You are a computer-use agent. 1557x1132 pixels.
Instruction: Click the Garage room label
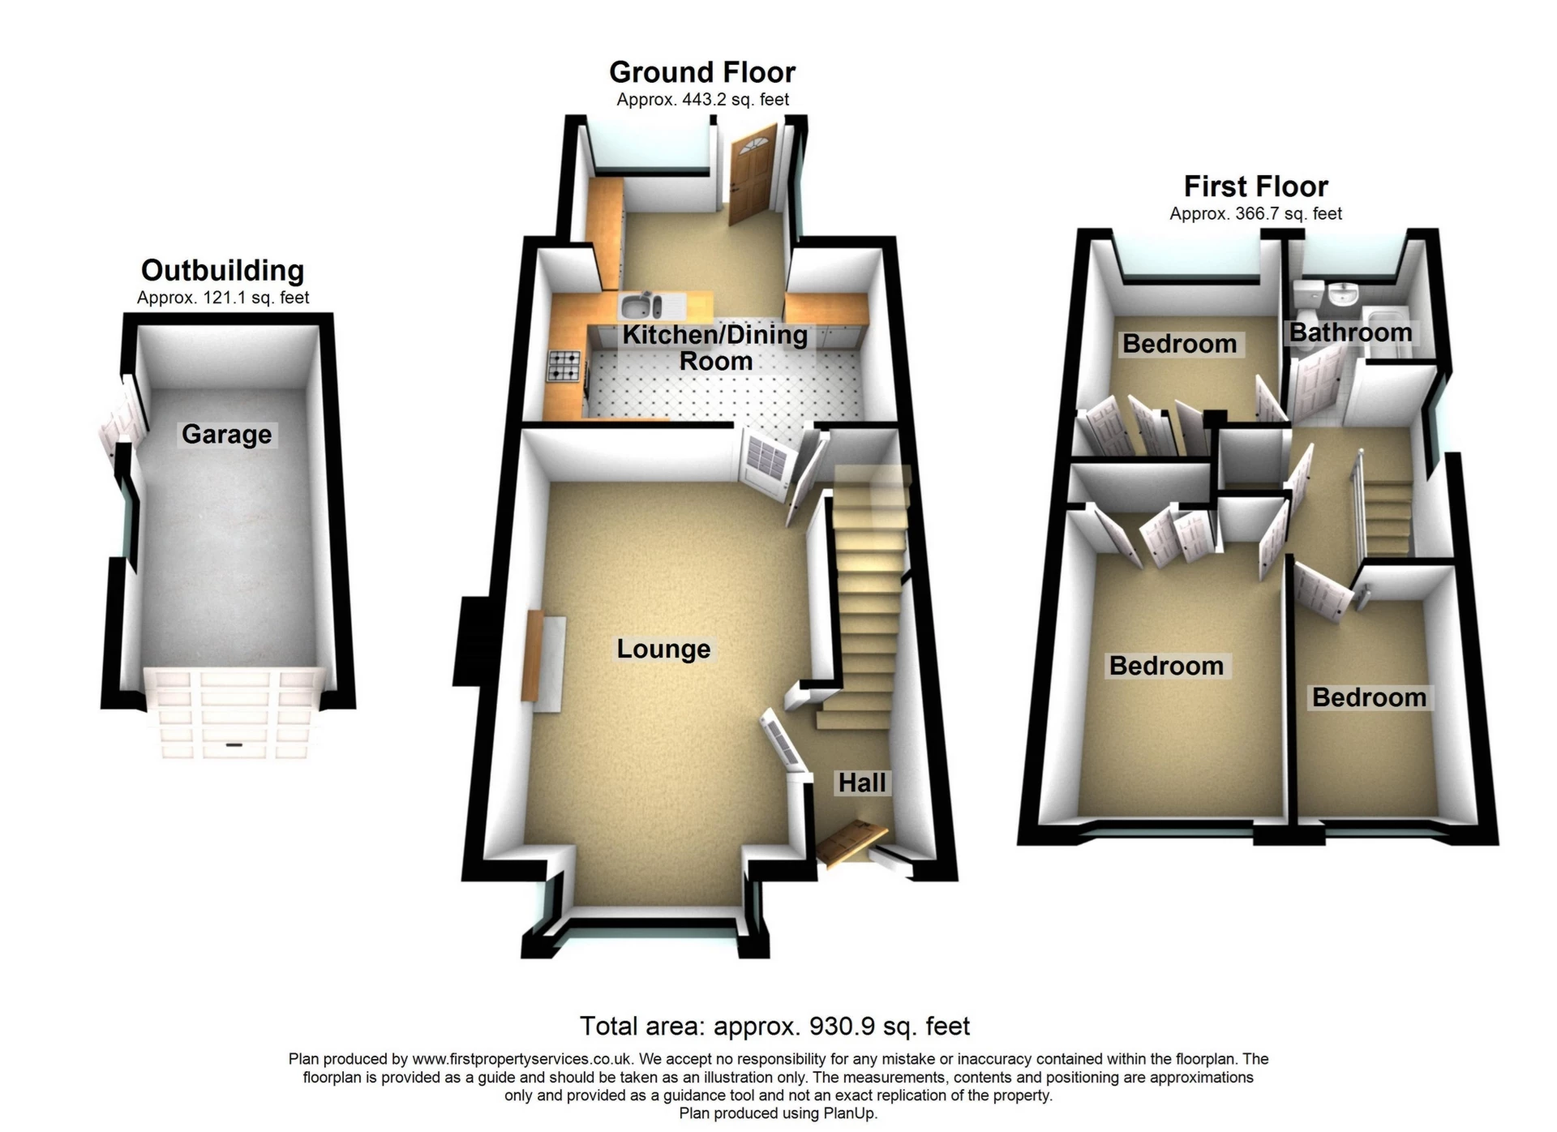tap(226, 435)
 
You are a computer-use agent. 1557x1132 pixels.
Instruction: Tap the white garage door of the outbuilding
tap(235, 711)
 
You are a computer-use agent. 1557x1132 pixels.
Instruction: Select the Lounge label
tap(663, 649)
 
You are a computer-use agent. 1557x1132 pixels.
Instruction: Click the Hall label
tap(861, 783)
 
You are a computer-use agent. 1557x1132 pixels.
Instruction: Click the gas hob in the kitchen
tap(565, 365)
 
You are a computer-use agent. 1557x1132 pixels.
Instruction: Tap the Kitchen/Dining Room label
tap(714, 347)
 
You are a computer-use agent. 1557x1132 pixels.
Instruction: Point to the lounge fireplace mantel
tap(532, 657)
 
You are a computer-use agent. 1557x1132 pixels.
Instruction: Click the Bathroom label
tap(1350, 332)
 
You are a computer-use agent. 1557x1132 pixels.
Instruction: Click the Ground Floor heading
tap(702, 72)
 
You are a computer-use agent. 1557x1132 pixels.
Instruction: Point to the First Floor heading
tap(1255, 187)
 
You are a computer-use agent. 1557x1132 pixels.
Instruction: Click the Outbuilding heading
tap(222, 270)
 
